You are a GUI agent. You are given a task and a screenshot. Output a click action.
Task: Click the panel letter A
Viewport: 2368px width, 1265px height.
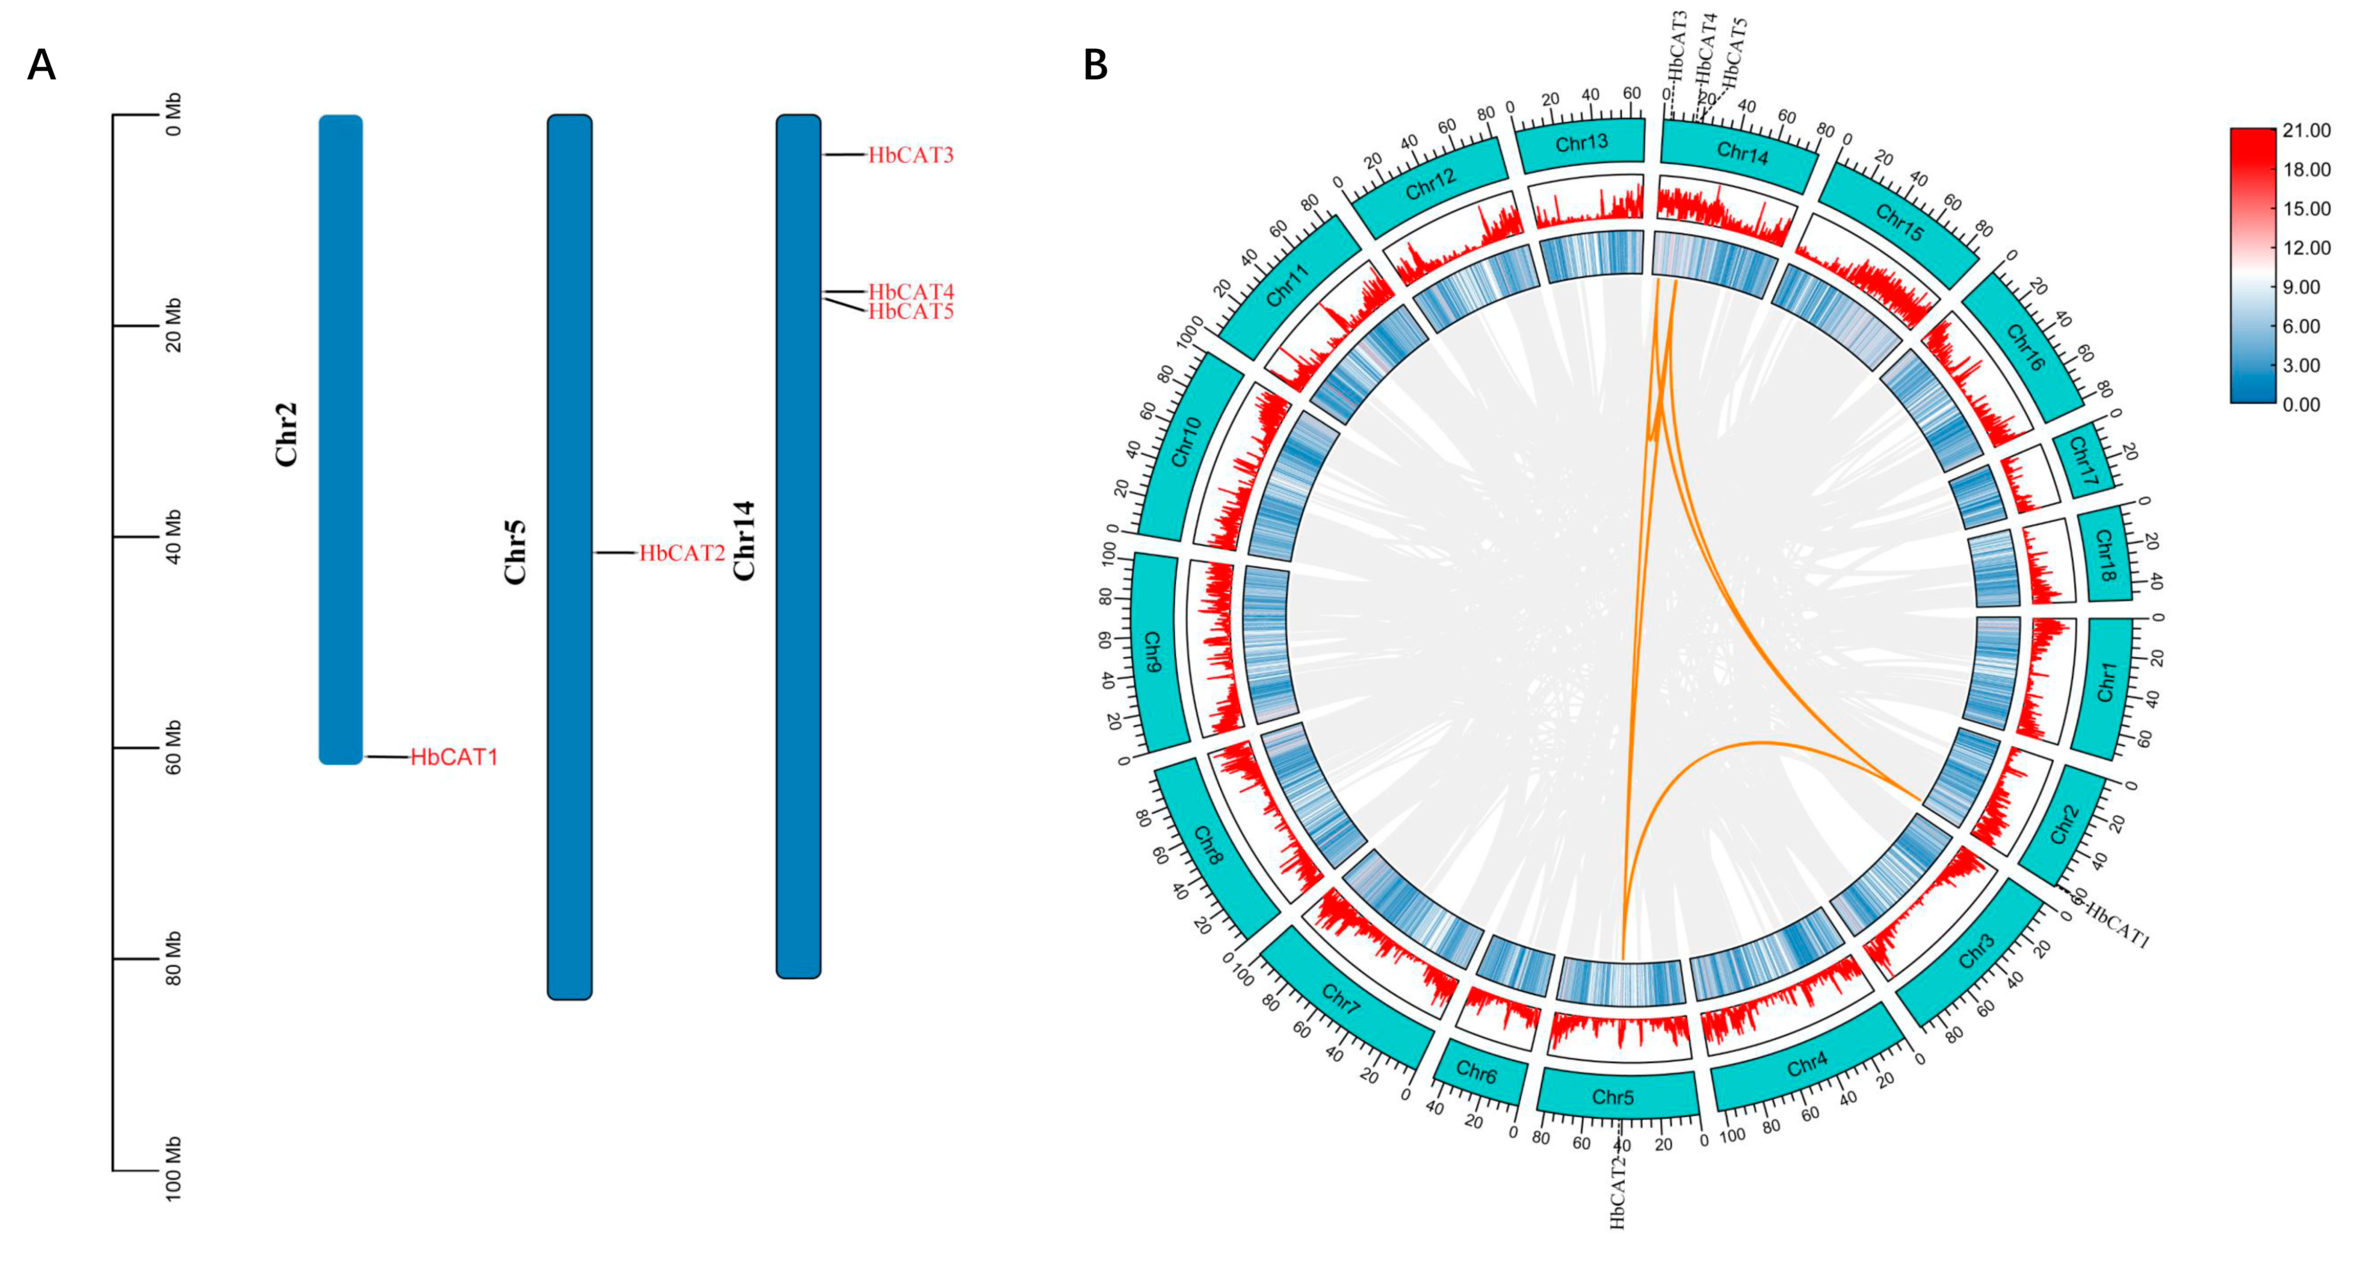pos(41,65)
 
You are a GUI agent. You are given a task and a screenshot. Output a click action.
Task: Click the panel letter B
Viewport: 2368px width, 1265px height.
pos(1095,65)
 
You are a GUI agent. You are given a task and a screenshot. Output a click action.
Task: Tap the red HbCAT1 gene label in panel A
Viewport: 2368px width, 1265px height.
pos(454,758)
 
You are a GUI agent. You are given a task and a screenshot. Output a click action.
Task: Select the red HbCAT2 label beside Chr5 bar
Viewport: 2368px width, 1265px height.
pos(682,554)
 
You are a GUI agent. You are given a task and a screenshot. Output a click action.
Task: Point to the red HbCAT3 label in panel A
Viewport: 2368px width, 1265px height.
pos(911,155)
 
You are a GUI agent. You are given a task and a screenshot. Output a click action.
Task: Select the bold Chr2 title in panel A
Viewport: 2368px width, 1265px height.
pos(287,434)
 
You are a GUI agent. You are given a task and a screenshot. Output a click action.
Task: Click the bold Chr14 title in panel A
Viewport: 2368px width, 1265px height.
pos(744,540)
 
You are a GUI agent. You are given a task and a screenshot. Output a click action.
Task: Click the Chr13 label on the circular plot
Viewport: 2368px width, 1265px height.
pos(1581,144)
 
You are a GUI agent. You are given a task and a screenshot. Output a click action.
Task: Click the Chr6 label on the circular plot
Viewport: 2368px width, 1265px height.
pos(1477,1072)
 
